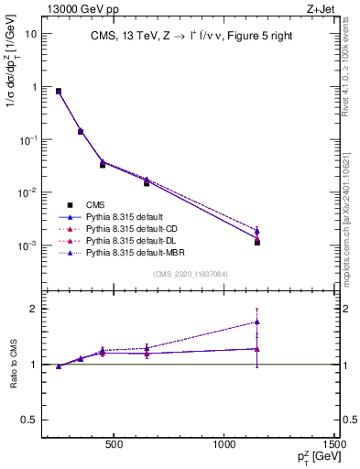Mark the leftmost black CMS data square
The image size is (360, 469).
(x=59, y=92)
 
